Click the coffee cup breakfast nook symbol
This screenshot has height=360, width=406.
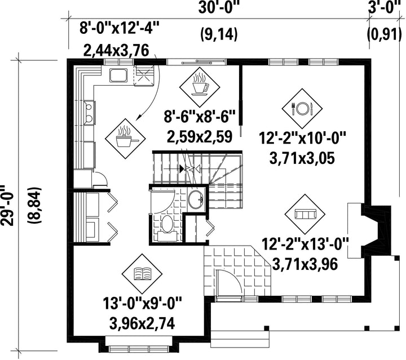point(200,87)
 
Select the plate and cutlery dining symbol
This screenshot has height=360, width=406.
point(302,109)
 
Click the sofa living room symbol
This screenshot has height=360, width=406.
point(305,214)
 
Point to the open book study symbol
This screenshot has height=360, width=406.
point(142,274)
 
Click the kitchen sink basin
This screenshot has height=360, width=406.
point(118,75)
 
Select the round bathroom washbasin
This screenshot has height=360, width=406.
point(197,199)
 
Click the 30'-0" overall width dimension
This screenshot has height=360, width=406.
point(219,8)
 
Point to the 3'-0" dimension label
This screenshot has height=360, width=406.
point(385,7)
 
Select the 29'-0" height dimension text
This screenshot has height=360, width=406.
point(7,206)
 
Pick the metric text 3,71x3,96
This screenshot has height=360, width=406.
point(306,264)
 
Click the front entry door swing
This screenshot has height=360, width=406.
point(230,282)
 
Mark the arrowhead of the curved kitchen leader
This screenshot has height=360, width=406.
point(139,118)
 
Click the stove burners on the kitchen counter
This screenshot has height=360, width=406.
point(89,112)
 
